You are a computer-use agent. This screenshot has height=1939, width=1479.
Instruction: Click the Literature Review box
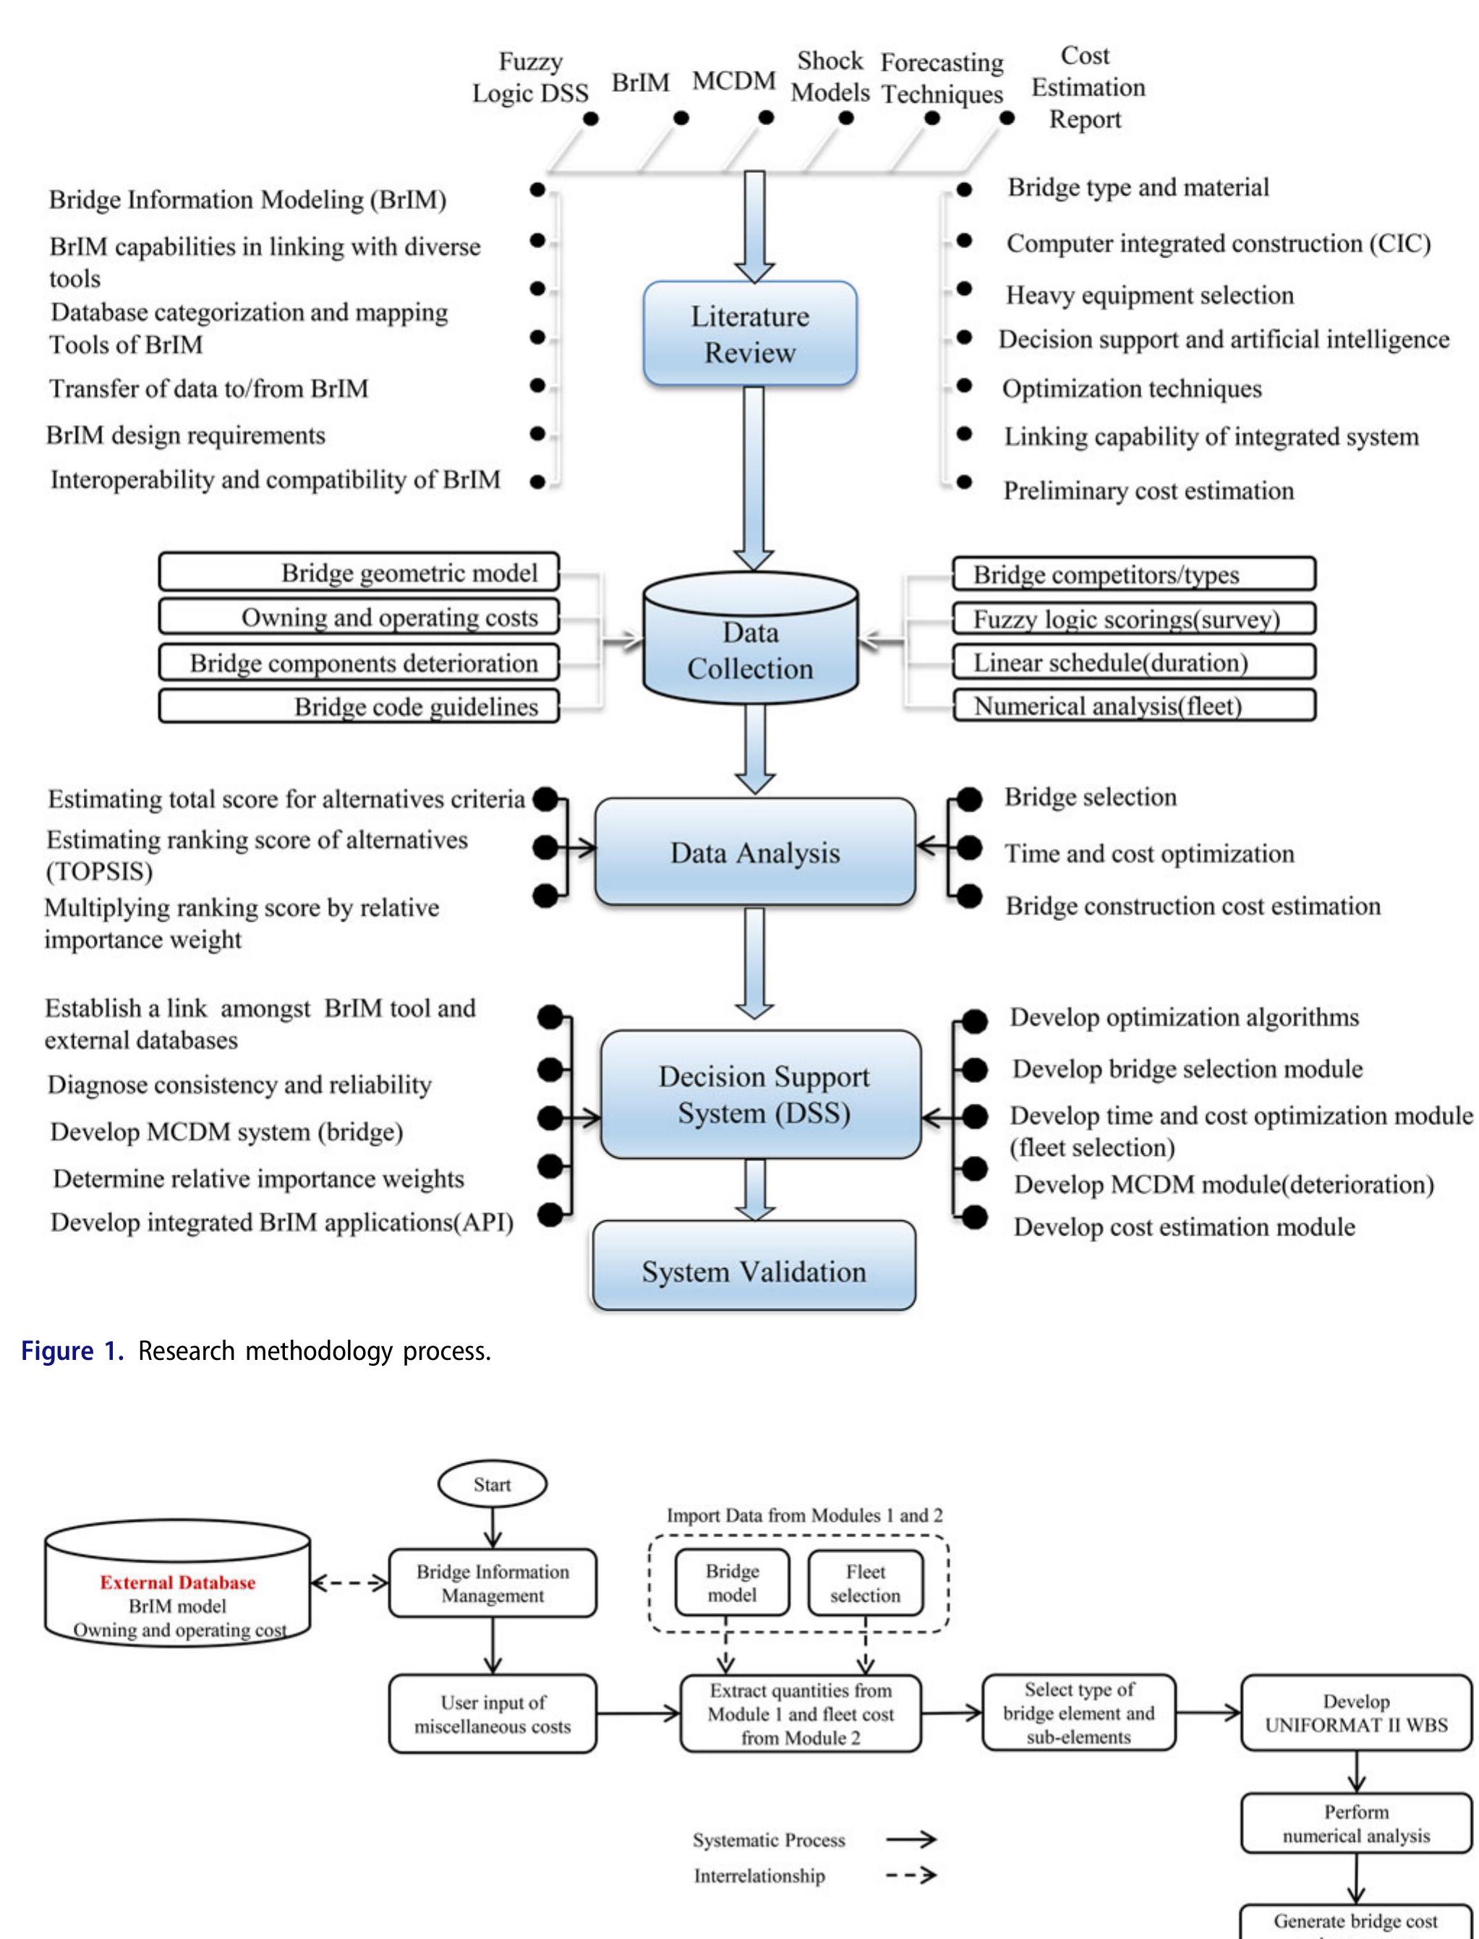pos(750,333)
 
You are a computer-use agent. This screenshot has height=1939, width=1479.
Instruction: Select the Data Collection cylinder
pos(750,649)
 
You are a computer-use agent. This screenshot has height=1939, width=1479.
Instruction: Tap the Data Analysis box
pos(754,852)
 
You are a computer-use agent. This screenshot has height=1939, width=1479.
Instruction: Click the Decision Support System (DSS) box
pos(762,1094)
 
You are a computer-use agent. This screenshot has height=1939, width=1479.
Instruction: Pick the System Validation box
pos(754,1270)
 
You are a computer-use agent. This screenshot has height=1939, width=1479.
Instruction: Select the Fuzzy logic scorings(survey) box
pos(1133,619)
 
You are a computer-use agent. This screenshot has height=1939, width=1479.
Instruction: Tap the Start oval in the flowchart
pos(492,1484)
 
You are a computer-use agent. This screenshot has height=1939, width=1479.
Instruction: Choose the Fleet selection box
pos(866,1583)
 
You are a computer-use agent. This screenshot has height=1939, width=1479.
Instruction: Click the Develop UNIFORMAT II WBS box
pos(1356,1713)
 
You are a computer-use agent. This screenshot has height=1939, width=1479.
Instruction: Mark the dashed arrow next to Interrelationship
pos(911,1875)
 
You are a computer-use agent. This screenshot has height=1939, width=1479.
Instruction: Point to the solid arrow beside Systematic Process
pos(911,1839)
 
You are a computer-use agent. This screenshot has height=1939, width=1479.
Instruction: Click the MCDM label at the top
pos(733,81)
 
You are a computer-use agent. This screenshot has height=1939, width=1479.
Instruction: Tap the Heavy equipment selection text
pos(1150,295)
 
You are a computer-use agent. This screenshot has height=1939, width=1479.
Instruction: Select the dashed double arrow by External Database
pos(349,1583)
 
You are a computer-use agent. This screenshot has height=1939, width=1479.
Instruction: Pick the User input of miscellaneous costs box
pos(492,1713)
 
